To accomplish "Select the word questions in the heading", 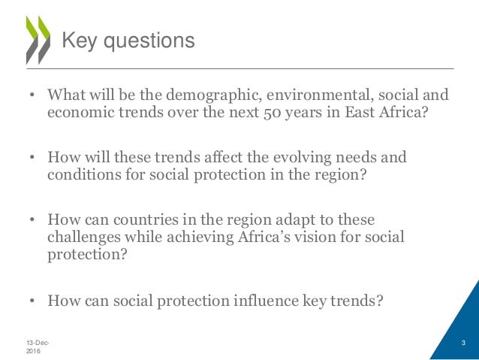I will [x=147, y=41].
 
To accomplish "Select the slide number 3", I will [x=463, y=343].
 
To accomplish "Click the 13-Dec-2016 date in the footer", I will [x=36, y=346].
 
